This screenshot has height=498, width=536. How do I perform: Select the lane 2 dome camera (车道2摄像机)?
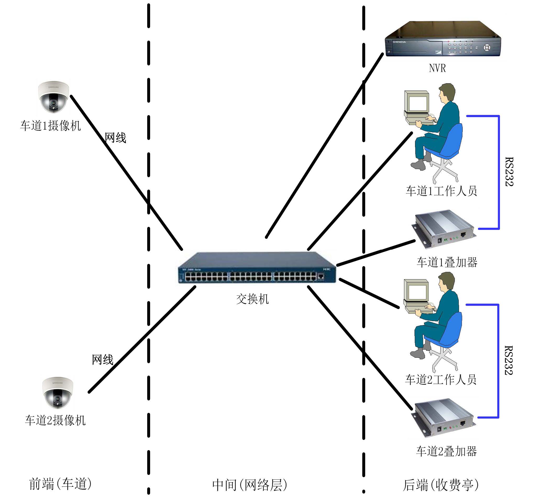pos(57,392)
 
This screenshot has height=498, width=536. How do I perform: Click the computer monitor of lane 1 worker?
pos(417,102)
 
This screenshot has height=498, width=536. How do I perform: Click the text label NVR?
pos(437,68)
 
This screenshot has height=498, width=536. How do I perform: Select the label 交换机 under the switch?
pos(252,299)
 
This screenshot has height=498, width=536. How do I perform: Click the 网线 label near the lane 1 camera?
pos(115,138)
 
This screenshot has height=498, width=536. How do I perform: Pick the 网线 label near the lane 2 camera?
pos(102,360)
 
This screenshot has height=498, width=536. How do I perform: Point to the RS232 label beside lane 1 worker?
pos(509,172)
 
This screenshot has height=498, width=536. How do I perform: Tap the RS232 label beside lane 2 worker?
pos(508,360)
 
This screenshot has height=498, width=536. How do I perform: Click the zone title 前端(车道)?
pos(60,484)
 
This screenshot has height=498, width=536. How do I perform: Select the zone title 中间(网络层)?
pos(249,485)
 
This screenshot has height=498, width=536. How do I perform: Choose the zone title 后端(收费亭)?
pos(440,485)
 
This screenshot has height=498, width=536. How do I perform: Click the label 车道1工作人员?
pos(441,191)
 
